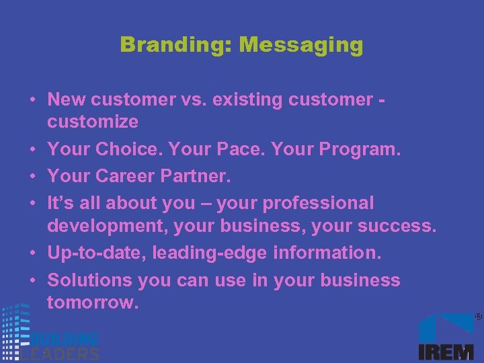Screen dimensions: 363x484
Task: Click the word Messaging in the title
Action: pyautogui.click(x=301, y=45)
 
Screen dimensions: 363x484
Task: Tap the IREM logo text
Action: pyautogui.click(x=446, y=352)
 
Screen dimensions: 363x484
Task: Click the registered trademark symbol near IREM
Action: pyautogui.click(x=478, y=316)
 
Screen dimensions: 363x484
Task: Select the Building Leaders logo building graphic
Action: pyautogui.click(x=15, y=329)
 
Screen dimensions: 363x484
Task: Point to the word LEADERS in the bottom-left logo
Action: pyautogui.click(x=61, y=354)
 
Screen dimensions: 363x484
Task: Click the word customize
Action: pyautogui.click(x=93, y=122)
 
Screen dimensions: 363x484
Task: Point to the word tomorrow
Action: pyautogui.click(x=93, y=302)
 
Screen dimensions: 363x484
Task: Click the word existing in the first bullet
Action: pyautogui.click(x=249, y=99)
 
